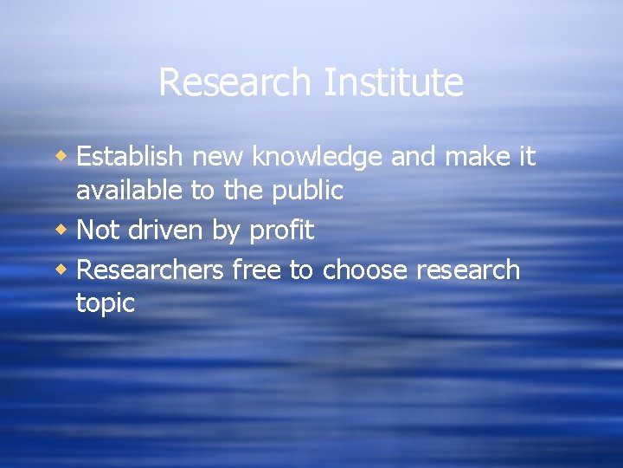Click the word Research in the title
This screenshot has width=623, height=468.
pyautogui.click(x=234, y=83)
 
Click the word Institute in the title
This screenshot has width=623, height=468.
pyautogui.click(x=393, y=83)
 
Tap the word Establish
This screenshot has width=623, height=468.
pyautogui.click(x=130, y=157)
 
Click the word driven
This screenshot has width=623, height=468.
pyautogui.click(x=169, y=230)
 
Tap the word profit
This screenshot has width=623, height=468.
pyautogui.click(x=281, y=231)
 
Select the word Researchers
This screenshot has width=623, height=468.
pyautogui.click(x=150, y=270)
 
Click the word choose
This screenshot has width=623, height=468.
pyautogui.click(x=364, y=270)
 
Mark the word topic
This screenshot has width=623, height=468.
pyautogui.click(x=106, y=304)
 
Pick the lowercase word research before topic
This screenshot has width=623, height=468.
pyautogui.click(x=468, y=270)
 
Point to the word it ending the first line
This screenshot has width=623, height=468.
pyautogui.click(x=526, y=157)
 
